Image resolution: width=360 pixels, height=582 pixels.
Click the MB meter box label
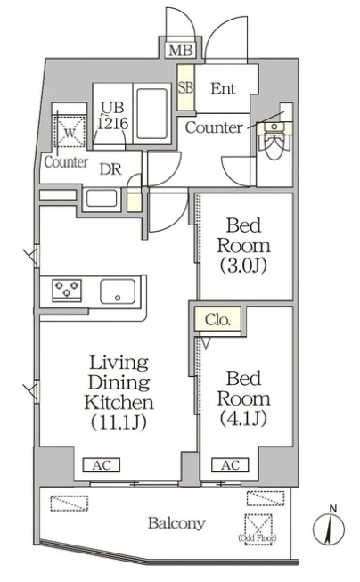tap(181, 50)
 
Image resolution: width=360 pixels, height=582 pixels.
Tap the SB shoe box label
tap(186, 87)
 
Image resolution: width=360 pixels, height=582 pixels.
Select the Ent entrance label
tap(223, 88)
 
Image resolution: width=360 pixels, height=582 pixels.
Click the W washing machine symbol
tap(70, 132)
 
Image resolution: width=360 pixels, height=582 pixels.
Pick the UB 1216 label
tap(113, 116)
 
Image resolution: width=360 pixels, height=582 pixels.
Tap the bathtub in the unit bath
tap(151, 113)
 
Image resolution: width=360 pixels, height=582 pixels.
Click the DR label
tap(110, 169)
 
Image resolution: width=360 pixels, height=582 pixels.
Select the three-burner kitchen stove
tap(67, 290)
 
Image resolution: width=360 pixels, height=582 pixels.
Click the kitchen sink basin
tap(118, 291)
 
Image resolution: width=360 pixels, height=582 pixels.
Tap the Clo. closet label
tap(217, 319)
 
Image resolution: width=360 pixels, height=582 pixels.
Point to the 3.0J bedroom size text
tap(243, 266)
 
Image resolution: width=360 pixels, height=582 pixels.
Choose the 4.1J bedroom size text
tap(243, 419)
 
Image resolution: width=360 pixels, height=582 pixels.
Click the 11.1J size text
tap(119, 422)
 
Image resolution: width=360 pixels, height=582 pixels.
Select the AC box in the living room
tap(102, 464)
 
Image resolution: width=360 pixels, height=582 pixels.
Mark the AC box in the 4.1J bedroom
tap(230, 464)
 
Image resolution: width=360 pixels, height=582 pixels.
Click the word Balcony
tap(176, 523)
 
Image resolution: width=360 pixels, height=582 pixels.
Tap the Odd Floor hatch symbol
tap(258, 529)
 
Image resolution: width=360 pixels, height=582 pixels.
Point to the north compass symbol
tap(329, 529)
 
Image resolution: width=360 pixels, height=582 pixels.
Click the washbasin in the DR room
tap(102, 199)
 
